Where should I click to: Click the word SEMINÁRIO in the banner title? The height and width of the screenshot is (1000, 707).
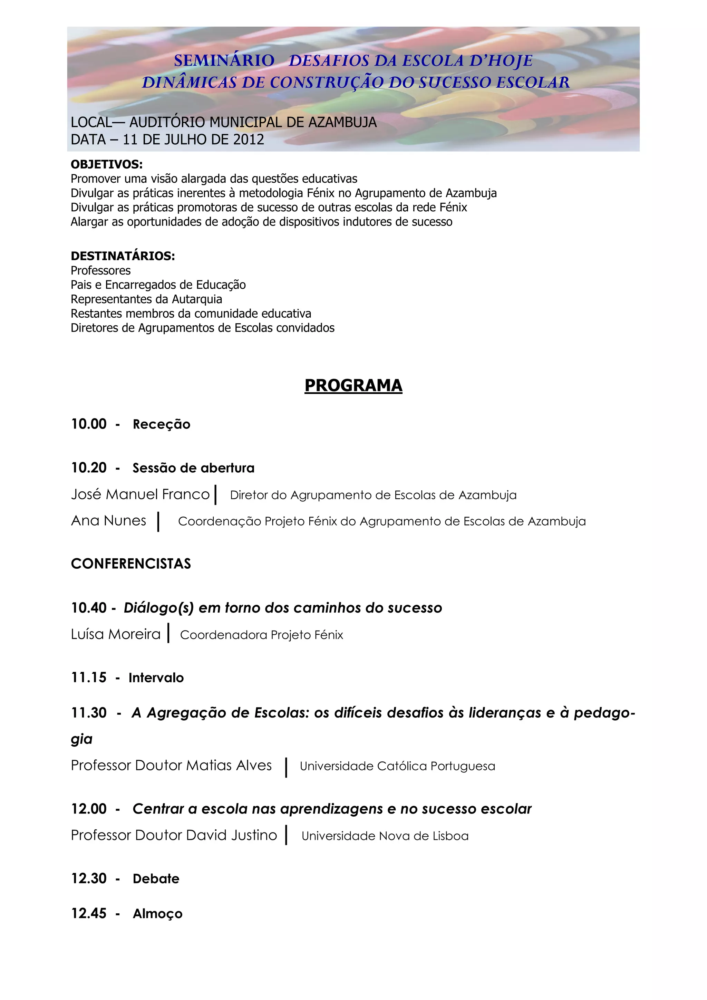[224, 60]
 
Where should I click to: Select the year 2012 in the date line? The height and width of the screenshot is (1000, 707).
[249, 140]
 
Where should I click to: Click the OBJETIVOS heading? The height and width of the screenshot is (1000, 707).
[107, 165]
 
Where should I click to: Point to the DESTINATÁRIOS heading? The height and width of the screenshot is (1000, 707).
[123, 256]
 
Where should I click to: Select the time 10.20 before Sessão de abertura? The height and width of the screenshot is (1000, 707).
[89, 468]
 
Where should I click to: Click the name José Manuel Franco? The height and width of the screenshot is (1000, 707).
[140, 495]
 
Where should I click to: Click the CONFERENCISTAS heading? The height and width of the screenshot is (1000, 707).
[130, 564]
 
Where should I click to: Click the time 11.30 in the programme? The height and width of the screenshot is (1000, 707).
[89, 713]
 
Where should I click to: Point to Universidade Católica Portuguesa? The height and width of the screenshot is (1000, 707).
[397, 766]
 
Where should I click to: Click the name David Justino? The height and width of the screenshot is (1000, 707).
[231, 835]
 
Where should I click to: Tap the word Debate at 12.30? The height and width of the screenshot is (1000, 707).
[156, 879]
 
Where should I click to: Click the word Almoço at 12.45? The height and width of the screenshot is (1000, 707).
[158, 914]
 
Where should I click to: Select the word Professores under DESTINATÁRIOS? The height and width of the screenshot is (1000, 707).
[100, 270]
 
